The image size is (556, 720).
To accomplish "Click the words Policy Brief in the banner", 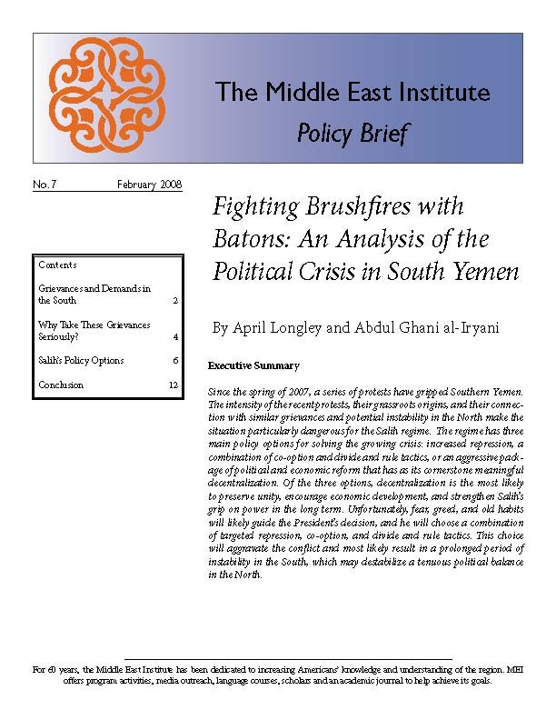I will (352, 135).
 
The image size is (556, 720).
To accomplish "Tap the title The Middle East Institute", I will (352, 93).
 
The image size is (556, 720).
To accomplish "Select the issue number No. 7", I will (45, 185).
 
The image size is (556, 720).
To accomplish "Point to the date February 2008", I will (150, 185).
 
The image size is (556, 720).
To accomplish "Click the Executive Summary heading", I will (253, 366).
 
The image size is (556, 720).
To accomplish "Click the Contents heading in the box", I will (57, 265).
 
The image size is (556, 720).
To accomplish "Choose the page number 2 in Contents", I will (174, 300).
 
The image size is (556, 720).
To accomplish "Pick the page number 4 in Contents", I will (174, 337).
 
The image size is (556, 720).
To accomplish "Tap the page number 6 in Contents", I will (174, 361).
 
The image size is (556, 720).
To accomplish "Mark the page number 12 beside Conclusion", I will (173, 385).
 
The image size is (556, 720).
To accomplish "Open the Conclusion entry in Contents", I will (61, 385).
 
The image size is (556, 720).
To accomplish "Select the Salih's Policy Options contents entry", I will (81, 361).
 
